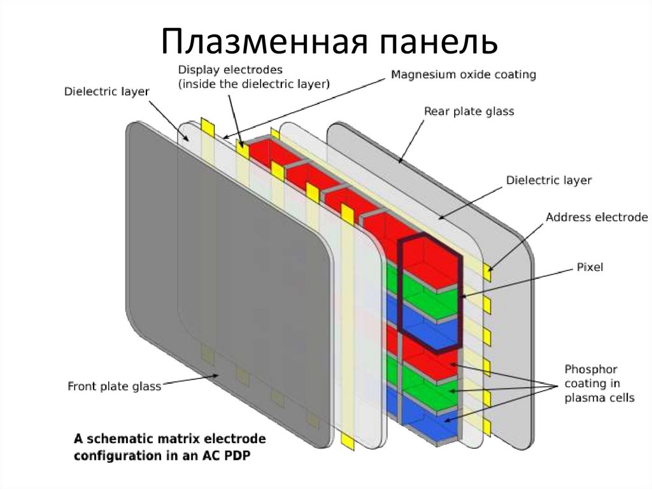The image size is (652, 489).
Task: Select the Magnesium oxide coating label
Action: point(464,75)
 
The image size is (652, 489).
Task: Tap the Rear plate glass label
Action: point(469,112)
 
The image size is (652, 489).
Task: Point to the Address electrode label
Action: point(597,217)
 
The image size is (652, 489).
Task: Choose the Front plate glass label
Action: point(114,386)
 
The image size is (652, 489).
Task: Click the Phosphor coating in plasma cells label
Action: point(599,383)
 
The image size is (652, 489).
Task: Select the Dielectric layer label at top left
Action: point(106,91)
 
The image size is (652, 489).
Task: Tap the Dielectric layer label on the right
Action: point(548,180)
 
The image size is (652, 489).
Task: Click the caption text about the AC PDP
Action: point(170,448)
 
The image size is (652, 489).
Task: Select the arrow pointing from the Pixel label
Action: point(516,282)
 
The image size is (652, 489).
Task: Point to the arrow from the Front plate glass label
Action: point(191,381)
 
